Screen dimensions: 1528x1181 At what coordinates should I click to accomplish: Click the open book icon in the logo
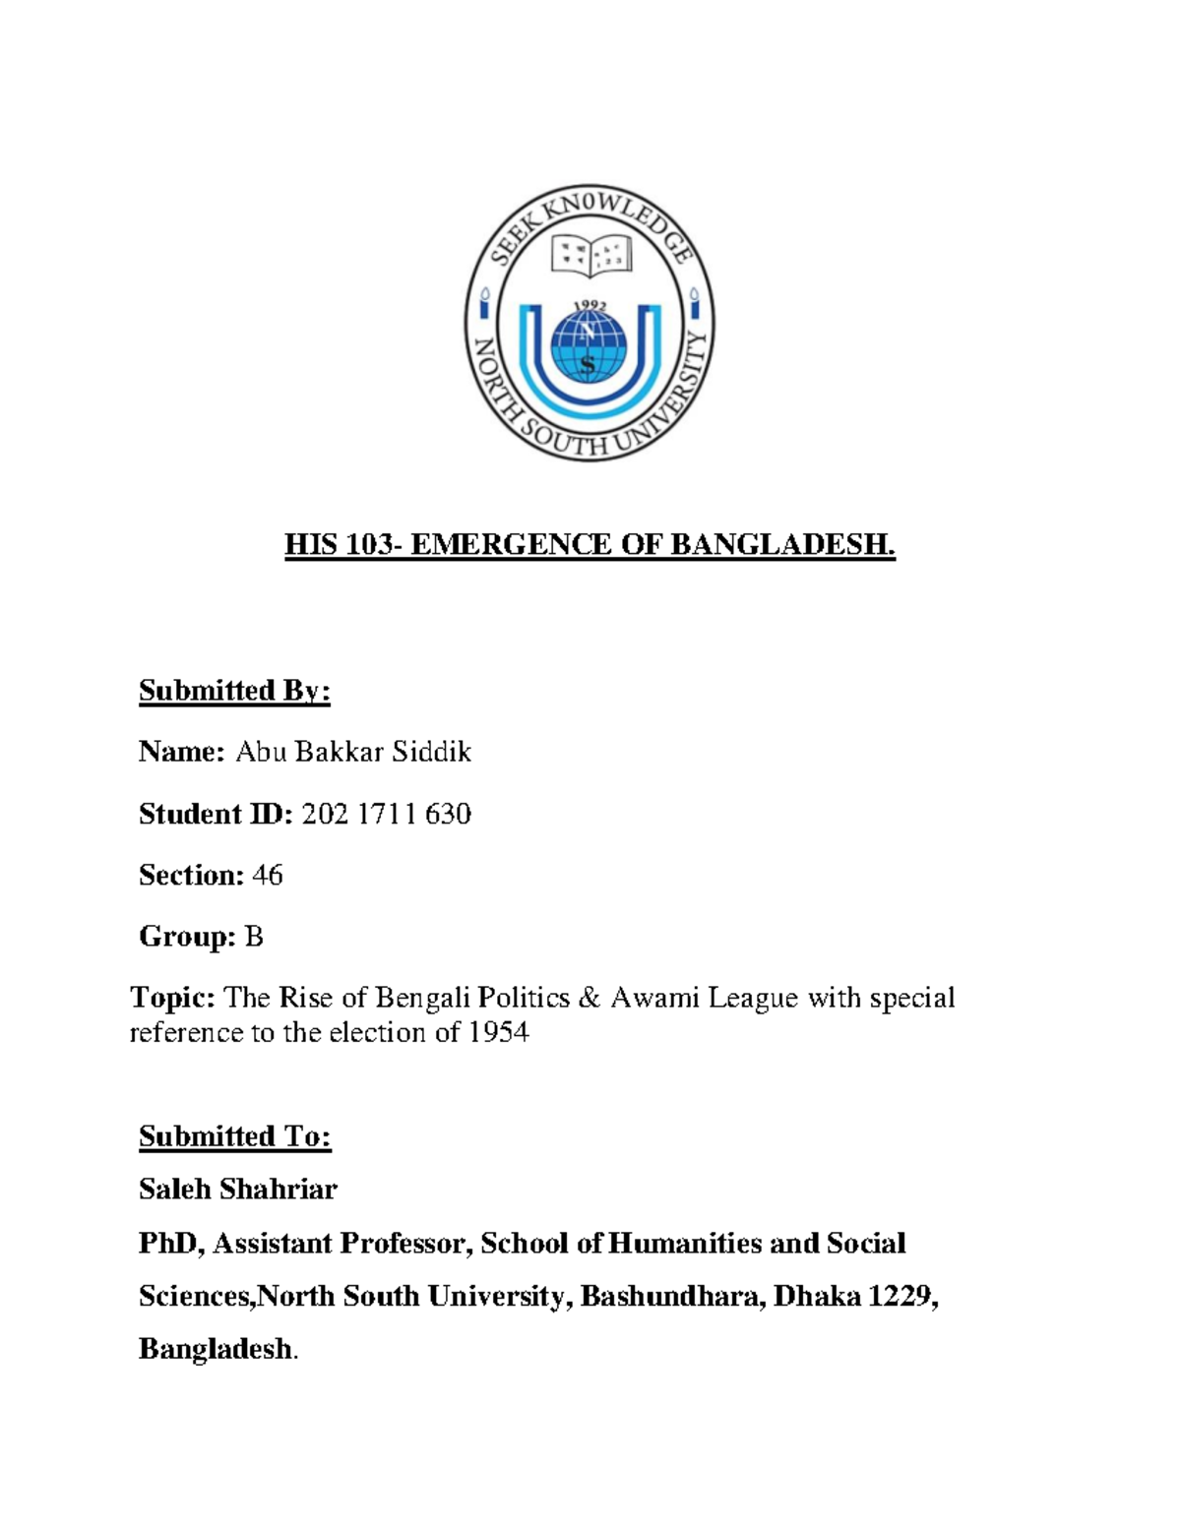click(x=589, y=256)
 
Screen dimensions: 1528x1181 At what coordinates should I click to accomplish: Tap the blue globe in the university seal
click(x=589, y=346)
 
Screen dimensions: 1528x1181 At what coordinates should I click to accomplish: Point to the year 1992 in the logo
click(x=590, y=307)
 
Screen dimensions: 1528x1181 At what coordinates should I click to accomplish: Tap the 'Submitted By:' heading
click(x=234, y=691)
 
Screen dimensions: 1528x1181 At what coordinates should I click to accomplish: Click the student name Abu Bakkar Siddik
click(x=353, y=753)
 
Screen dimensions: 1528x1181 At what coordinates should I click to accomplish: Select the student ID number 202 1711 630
click(x=386, y=814)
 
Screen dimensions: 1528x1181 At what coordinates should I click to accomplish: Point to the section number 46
click(x=267, y=875)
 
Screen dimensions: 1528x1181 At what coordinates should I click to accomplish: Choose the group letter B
click(x=254, y=937)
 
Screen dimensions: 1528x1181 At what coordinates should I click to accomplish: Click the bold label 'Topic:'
click(x=172, y=998)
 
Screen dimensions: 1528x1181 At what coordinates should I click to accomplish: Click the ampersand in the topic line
click(x=589, y=998)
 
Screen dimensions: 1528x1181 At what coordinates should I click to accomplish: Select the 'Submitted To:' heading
click(x=234, y=1136)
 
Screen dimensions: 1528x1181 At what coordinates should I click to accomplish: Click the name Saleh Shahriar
click(x=237, y=1190)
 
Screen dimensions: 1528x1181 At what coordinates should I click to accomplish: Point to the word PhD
click(x=170, y=1244)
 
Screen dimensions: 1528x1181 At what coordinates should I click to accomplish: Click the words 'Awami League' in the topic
click(x=705, y=998)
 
